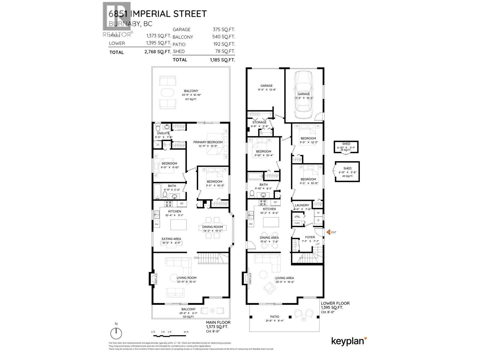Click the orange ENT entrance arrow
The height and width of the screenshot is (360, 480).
pyautogui.click(x=328, y=232)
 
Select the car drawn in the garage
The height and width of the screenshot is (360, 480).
pyautogui.click(x=304, y=95)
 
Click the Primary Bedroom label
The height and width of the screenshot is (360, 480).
pyautogui.click(x=208, y=142)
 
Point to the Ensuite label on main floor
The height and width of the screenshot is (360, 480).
pyautogui.click(x=163, y=133)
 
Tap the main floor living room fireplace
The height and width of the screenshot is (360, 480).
pyautogui.click(x=154, y=278)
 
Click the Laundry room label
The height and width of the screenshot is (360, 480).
pyautogui.click(x=302, y=205)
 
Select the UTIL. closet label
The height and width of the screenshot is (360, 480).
pyautogui.click(x=298, y=216)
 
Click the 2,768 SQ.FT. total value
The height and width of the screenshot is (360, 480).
pyautogui.click(x=157, y=52)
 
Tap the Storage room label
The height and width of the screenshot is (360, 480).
pyautogui.click(x=259, y=122)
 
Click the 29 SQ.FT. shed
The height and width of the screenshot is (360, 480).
pyautogui.click(x=346, y=147)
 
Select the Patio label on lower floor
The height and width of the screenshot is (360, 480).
pyautogui.click(x=274, y=317)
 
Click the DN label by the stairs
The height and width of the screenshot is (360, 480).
pyautogui.click(x=196, y=258)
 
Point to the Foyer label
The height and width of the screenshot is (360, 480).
pyautogui.click(x=310, y=237)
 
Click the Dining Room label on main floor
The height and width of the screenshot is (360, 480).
pyautogui.click(x=212, y=227)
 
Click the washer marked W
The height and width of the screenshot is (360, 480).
pyautogui.click(x=318, y=213)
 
